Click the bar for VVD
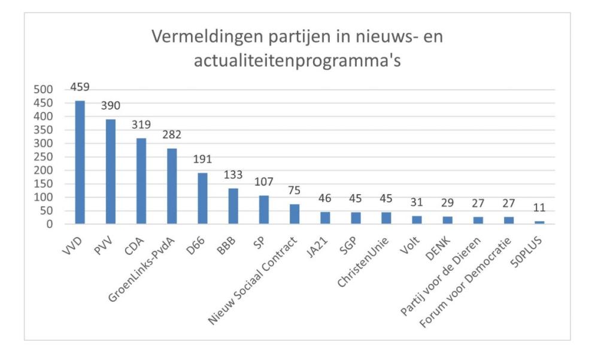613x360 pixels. [80, 162]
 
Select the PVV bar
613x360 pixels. [110, 171]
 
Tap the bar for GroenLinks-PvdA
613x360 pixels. [172, 186]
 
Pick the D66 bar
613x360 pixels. [202, 198]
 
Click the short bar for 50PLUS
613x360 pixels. [539, 223]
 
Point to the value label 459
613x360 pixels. [80, 87]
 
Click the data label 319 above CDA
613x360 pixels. [141, 125]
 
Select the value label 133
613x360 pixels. [233, 175]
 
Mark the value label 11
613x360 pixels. [539, 208]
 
